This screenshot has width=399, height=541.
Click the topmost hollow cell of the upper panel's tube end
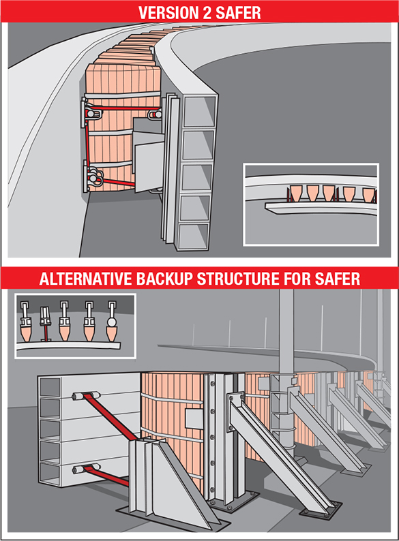point(200,111)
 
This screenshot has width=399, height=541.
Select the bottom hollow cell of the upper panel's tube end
point(193,236)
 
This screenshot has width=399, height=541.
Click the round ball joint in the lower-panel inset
point(112,322)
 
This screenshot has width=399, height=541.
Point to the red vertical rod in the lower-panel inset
point(45,332)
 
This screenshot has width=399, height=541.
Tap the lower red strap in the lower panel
point(106,475)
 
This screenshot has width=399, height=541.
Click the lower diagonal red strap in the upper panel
point(117,182)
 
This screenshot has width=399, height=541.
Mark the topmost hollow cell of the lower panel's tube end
point(50,387)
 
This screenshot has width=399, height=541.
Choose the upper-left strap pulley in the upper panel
point(91,113)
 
